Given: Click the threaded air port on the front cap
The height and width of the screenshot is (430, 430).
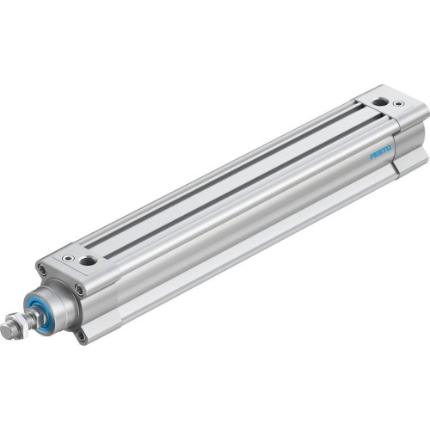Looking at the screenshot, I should pos(88,259).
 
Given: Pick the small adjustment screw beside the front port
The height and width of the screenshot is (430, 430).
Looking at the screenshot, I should pos(68,255).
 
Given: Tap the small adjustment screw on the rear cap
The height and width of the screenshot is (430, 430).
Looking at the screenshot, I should pos(397,104).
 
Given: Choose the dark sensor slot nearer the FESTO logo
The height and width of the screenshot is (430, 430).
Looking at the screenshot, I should pos(249,172).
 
